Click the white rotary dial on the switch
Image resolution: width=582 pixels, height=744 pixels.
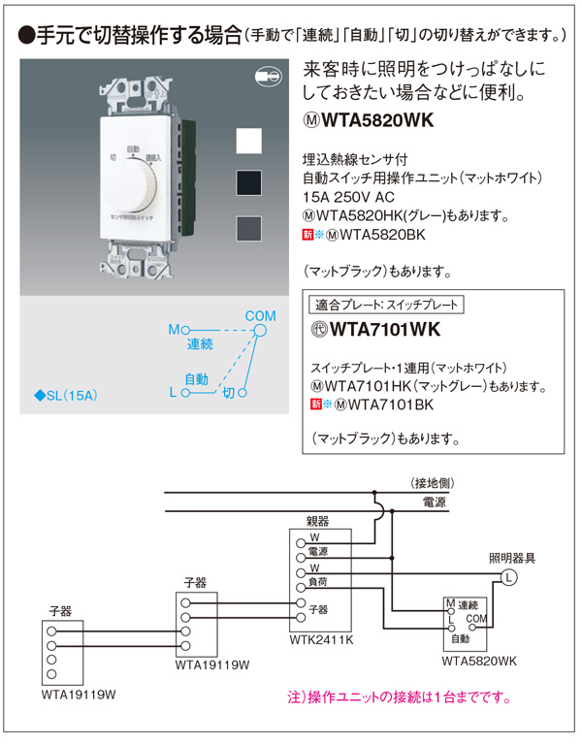pyautogui.click(x=135, y=190)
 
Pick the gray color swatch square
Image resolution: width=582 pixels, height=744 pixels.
pyautogui.click(x=250, y=227)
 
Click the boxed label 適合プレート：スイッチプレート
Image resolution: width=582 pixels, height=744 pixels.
pyautogui.click(x=386, y=304)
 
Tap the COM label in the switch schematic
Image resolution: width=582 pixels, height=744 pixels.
pyautogui.click(x=260, y=316)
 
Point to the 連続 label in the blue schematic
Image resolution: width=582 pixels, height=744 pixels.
pyautogui.click(x=201, y=344)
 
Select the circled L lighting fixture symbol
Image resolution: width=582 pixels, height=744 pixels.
pyautogui.click(x=507, y=579)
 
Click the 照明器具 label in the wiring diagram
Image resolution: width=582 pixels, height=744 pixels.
pyautogui.click(x=511, y=559)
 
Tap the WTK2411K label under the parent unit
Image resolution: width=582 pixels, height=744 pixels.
pyautogui.click(x=321, y=641)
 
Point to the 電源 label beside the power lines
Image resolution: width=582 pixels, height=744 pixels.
pyautogui.click(x=434, y=502)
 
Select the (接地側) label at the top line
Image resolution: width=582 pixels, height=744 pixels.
pyautogui.click(x=431, y=482)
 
